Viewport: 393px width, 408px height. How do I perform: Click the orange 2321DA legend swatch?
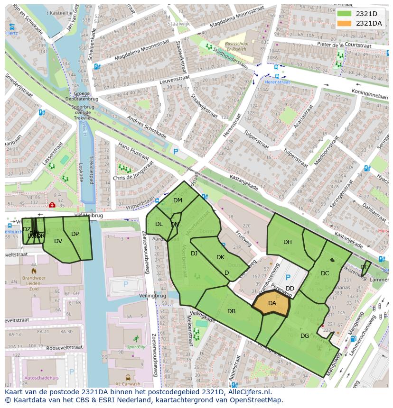coord(345,23)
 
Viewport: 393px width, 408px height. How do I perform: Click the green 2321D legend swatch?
coord(345,14)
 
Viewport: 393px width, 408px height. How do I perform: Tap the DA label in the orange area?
coord(272,303)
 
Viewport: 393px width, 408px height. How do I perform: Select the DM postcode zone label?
coord(178,200)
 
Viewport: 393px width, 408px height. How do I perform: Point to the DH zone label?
coord(288,242)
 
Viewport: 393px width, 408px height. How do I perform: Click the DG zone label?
coord(305,336)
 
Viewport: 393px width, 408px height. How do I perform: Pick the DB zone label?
coord(231,311)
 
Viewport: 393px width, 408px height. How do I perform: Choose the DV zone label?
coord(58,241)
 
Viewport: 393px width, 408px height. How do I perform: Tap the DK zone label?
coord(220,257)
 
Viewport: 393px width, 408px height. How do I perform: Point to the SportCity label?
coord(136,347)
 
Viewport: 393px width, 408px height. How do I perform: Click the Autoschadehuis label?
coord(41,378)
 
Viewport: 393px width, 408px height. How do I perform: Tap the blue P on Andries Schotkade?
coord(176,152)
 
